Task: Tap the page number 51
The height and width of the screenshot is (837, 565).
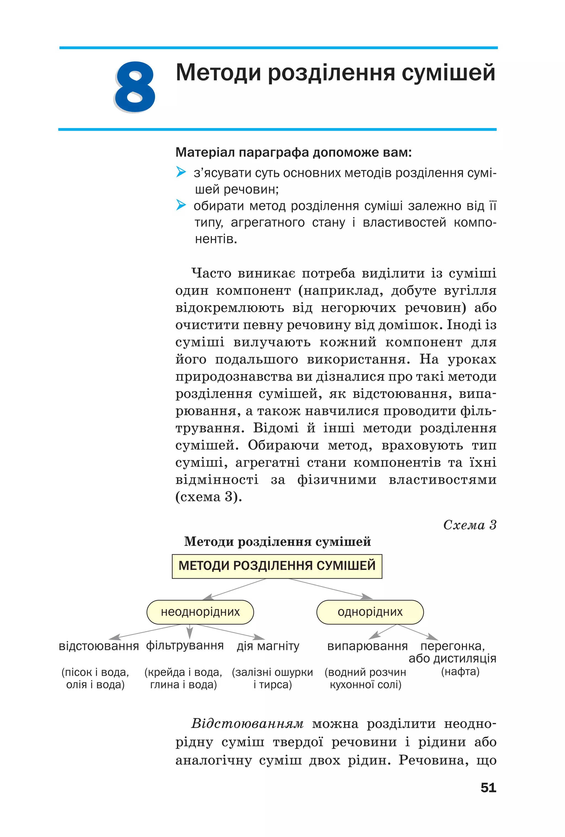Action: (x=488, y=788)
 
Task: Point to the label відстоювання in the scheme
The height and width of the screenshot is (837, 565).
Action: (x=99, y=646)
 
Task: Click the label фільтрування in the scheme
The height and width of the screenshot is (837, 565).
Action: (x=185, y=645)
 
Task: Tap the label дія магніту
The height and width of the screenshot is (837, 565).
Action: (x=268, y=646)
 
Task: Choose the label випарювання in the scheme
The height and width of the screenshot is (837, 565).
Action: (x=367, y=646)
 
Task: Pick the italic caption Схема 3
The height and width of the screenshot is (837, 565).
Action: (x=470, y=525)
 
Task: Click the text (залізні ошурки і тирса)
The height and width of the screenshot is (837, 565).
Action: (x=272, y=678)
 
